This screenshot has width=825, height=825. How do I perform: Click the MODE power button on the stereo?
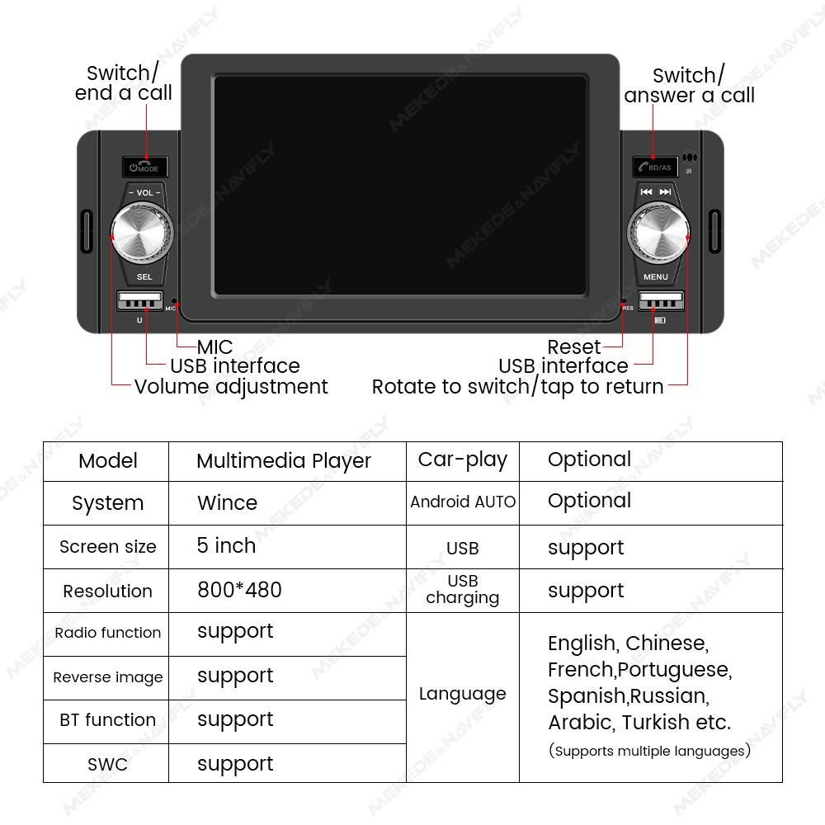tap(144, 167)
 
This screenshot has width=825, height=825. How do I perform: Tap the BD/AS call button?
tap(655, 167)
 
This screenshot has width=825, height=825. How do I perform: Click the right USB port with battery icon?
tap(660, 301)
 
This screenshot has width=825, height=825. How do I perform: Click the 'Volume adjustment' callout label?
tap(230, 386)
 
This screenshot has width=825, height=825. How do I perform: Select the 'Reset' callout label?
tap(573, 346)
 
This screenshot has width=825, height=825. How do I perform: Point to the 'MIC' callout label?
tap(214, 346)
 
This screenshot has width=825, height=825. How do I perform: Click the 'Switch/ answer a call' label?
tap(689, 85)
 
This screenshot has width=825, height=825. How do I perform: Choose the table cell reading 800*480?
tap(239, 590)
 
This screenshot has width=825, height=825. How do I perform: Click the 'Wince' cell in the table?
tap(227, 502)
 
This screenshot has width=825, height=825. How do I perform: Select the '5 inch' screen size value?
tap(226, 546)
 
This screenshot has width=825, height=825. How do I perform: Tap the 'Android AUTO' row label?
tap(462, 502)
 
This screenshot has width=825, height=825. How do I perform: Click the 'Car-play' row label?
tap(462, 460)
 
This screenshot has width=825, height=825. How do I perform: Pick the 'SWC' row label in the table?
tap(107, 764)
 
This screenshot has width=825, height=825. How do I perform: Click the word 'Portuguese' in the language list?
tap(674, 669)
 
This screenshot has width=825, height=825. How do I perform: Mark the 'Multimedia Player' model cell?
tap(284, 460)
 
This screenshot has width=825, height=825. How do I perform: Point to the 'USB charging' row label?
tap(462, 589)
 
